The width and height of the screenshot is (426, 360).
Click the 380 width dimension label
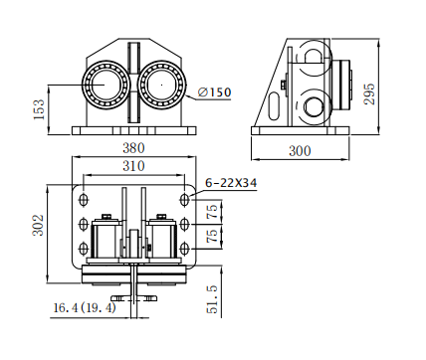pyautogui.click(x=133, y=148)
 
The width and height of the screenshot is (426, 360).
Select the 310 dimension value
pyautogui.click(x=133, y=166)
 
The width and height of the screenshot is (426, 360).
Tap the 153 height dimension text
pyautogui.click(x=39, y=109)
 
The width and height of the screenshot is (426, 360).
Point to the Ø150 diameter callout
pyautogui.click(x=214, y=92)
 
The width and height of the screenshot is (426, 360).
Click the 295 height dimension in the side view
pyautogui.click(x=369, y=93)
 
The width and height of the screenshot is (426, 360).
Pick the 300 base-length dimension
pyautogui.click(x=300, y=151)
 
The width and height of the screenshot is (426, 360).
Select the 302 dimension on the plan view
pyautogui.click(x=38, y=225)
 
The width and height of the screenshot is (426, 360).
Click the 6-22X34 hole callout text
pyautogui.click(x=231, y=183)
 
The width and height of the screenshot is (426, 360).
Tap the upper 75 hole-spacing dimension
pyautogui.click(x=213, y=212)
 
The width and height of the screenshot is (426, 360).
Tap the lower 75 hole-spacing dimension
pyautogui.click(x=213, y=235)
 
